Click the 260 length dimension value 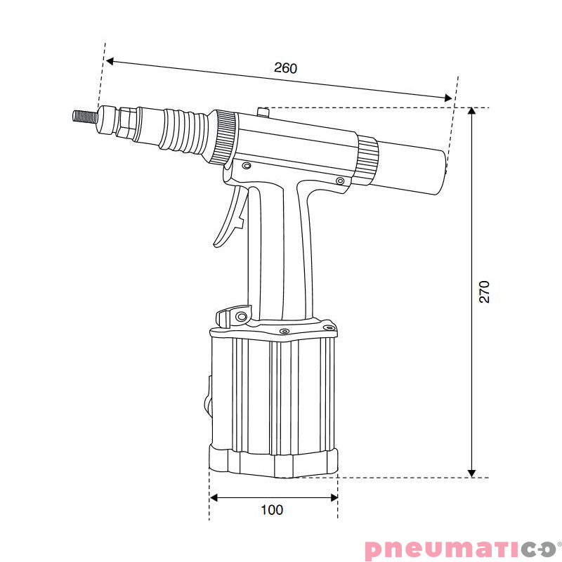[x=285, y=68]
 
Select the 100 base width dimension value [x=272, y=509]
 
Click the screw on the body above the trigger [x=247, y=166]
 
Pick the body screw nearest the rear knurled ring [x=340, y=181]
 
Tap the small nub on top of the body [x=263, y=111]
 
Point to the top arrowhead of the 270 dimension [x=472, y=112]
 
